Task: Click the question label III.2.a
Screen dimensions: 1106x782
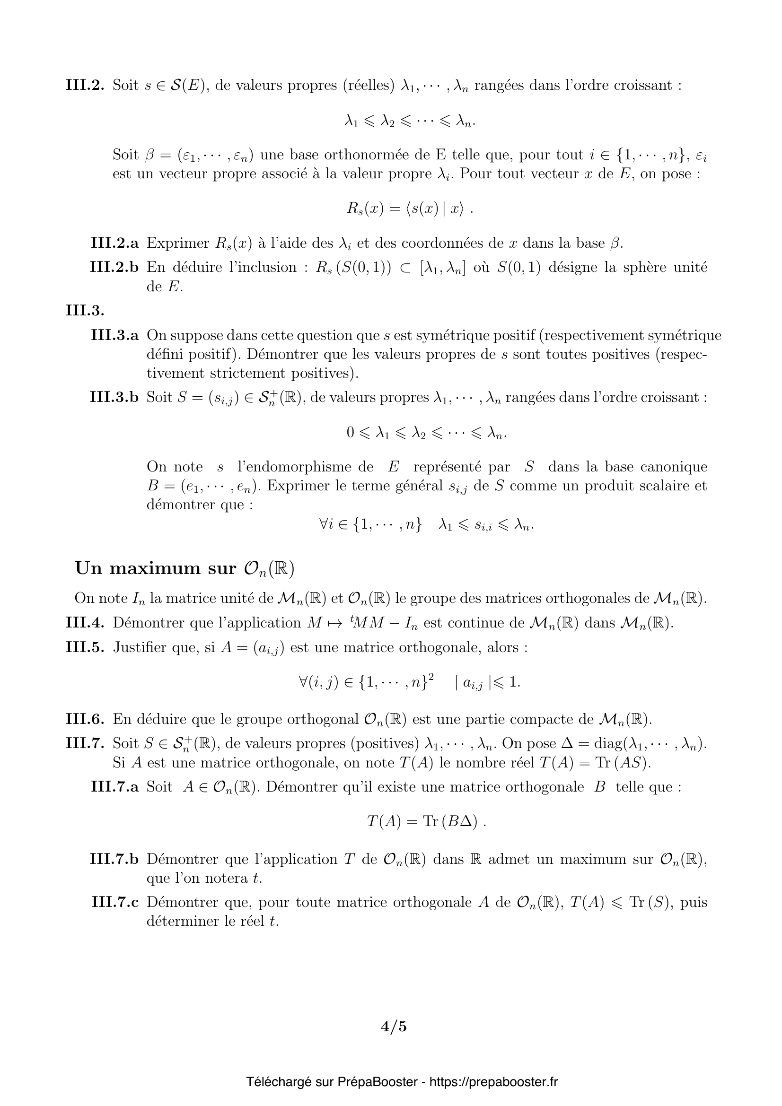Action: click(x=114, y=243)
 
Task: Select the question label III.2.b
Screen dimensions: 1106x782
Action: click(x=114, y=267)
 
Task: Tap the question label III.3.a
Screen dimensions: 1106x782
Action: click(x=114, y=335)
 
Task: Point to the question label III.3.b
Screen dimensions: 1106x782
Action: click(x=114, y=397)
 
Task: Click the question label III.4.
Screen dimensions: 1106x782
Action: click(x=85, y=623)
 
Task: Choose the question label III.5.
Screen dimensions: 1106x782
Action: click(x=85, y=647)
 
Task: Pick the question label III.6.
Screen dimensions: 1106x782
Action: click(x=85, y=719)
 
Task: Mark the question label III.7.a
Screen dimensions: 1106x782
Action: click(x=114, y=787)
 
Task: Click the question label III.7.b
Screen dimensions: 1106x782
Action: click(x=114, y=859)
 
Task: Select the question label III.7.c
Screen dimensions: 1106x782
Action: click(x=114, y=902)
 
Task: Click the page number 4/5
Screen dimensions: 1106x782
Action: click(x=394, y=1027)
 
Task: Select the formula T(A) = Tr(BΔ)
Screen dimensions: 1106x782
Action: click(x=426, y=822)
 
